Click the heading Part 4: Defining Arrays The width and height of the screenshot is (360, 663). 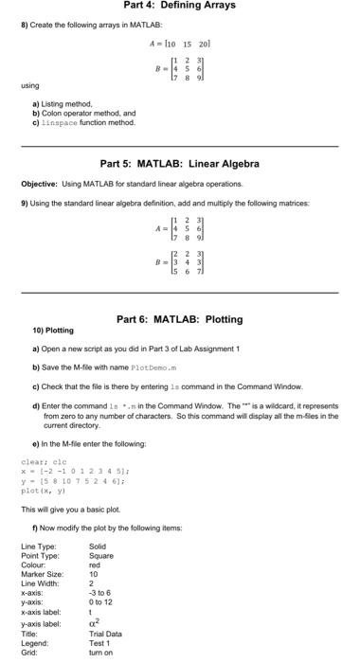pyautogui.click(x=179, y=6)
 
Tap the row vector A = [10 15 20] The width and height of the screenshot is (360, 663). pyautogui.click(x=179, y=45)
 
